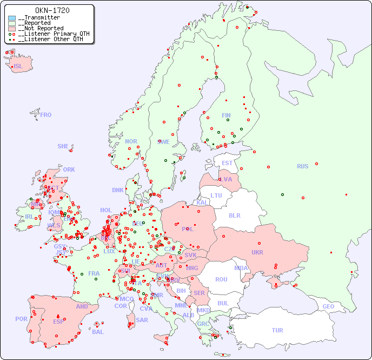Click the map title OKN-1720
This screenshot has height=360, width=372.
52,10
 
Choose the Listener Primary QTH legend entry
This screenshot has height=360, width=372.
51,34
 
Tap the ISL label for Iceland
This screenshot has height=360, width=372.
18,67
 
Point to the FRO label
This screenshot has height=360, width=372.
46,115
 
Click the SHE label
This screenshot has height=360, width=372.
63,146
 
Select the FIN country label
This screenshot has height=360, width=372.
226,115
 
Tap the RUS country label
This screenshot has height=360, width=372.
302,166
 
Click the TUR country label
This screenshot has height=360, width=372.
277,330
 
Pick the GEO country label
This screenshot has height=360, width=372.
328,306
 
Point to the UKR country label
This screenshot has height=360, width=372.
257,252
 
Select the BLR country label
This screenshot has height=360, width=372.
234,215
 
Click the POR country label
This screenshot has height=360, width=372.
21,319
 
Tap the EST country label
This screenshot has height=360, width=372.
227,163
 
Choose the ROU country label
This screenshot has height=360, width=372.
221,279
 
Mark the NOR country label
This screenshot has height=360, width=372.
131,141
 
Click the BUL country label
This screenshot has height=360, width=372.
223,303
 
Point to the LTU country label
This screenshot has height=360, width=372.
216,195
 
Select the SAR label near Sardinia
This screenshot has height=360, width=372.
142,320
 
